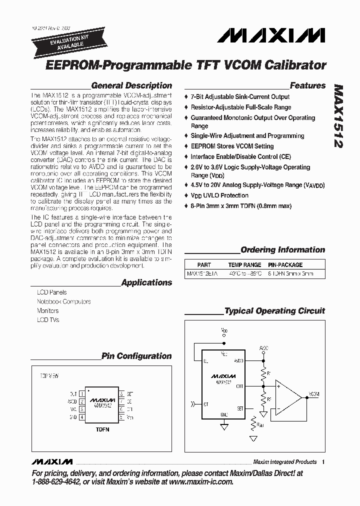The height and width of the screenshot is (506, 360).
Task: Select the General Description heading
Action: tap(131, 85)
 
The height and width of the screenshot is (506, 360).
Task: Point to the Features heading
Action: tap(307, 85)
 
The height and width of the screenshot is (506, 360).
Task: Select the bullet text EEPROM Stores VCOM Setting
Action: tap(232, 146)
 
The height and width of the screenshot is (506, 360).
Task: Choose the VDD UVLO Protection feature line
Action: tap(219, 195)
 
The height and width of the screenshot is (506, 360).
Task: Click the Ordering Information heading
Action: tap(282, 250)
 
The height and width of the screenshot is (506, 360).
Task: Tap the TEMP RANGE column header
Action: tap(244, 264)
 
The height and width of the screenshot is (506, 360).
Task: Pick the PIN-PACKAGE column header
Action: tap(285, 264)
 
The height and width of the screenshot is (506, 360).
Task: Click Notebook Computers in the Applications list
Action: tap(64, 301)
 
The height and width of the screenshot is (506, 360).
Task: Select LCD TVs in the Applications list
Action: tap(48, 320)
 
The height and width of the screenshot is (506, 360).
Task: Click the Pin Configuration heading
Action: tap(136, 356)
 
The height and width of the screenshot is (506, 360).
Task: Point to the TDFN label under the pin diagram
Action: tap(102, 429)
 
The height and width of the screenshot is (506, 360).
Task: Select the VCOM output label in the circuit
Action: tap(314, 394)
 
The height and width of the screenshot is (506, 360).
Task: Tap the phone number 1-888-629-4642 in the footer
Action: tap(56, 482)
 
